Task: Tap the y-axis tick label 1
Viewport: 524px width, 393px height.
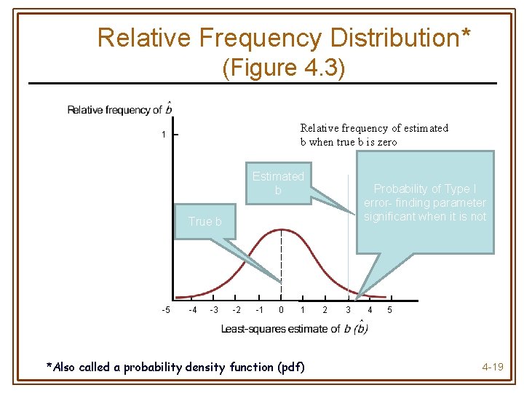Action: [164, 135]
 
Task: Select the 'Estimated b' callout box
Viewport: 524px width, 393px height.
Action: [277, 183]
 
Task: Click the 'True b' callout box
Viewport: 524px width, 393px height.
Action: [205, 222]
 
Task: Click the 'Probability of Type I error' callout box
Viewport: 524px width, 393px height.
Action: [424, 202]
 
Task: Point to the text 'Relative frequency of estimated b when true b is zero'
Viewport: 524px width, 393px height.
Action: [374, 135]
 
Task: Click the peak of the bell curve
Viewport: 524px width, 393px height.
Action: [281, 230]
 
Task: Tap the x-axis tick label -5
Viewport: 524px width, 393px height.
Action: [166, 311]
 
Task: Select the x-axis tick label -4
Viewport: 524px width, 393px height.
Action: [192, 311]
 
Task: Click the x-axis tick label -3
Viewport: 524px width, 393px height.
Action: [214, 311]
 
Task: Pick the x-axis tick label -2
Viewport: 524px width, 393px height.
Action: [237, 311]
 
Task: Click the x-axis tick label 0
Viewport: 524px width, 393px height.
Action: [282, 311]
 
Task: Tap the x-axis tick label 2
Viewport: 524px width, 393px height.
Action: [325, 311]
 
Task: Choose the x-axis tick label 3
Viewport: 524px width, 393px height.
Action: [348, 311]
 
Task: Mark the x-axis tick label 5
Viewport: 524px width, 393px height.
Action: [390, 311]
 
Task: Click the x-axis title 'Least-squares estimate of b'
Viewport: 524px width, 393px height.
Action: [295, 329]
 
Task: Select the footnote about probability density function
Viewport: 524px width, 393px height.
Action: [175, 366]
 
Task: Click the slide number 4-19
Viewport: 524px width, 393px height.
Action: [493, 367]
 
